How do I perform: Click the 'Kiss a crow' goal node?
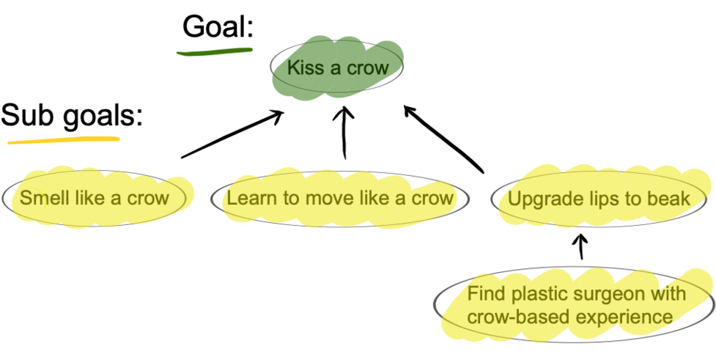point(335,68)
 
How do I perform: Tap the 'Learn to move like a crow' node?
point(338,198)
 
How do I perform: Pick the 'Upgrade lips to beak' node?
point(598,199)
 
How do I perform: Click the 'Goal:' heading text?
point(218,28)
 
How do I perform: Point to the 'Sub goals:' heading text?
point(72,115)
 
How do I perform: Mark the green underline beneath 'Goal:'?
point(214,51)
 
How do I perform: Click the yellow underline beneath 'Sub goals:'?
point(63,139)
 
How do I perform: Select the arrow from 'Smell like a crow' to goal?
point(232,133)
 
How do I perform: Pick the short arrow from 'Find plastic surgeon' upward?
point(581,246)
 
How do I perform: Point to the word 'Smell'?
point(41,198)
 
